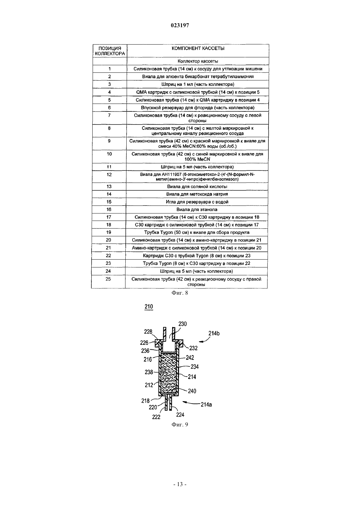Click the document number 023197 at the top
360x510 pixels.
pos(180,25)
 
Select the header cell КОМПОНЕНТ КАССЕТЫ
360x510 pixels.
pos(198,48)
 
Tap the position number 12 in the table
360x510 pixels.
pos(109,175)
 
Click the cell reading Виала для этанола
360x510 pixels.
pos(197,209)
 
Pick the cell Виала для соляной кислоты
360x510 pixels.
pos(197,186)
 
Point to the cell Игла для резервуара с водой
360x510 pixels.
pos(197,202)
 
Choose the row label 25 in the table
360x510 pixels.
pos(108,279)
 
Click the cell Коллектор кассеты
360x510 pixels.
pos(198,61)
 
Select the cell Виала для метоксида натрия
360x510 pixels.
pos(197,194)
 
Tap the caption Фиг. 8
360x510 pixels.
pos(180,293)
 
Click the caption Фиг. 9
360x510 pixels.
pos(180,424)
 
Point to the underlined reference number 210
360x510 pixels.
pos(149,306)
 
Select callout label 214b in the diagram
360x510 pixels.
pos(214,333)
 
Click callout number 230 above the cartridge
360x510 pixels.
pos(183,324)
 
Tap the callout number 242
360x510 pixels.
pos(190,358)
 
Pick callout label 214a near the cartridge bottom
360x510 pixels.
pos(206,404)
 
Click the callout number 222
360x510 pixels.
pos(156,417)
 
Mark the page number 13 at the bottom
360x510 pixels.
pos(180,484)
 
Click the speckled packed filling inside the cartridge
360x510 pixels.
pos(168,373)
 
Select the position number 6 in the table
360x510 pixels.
pos(109,108)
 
